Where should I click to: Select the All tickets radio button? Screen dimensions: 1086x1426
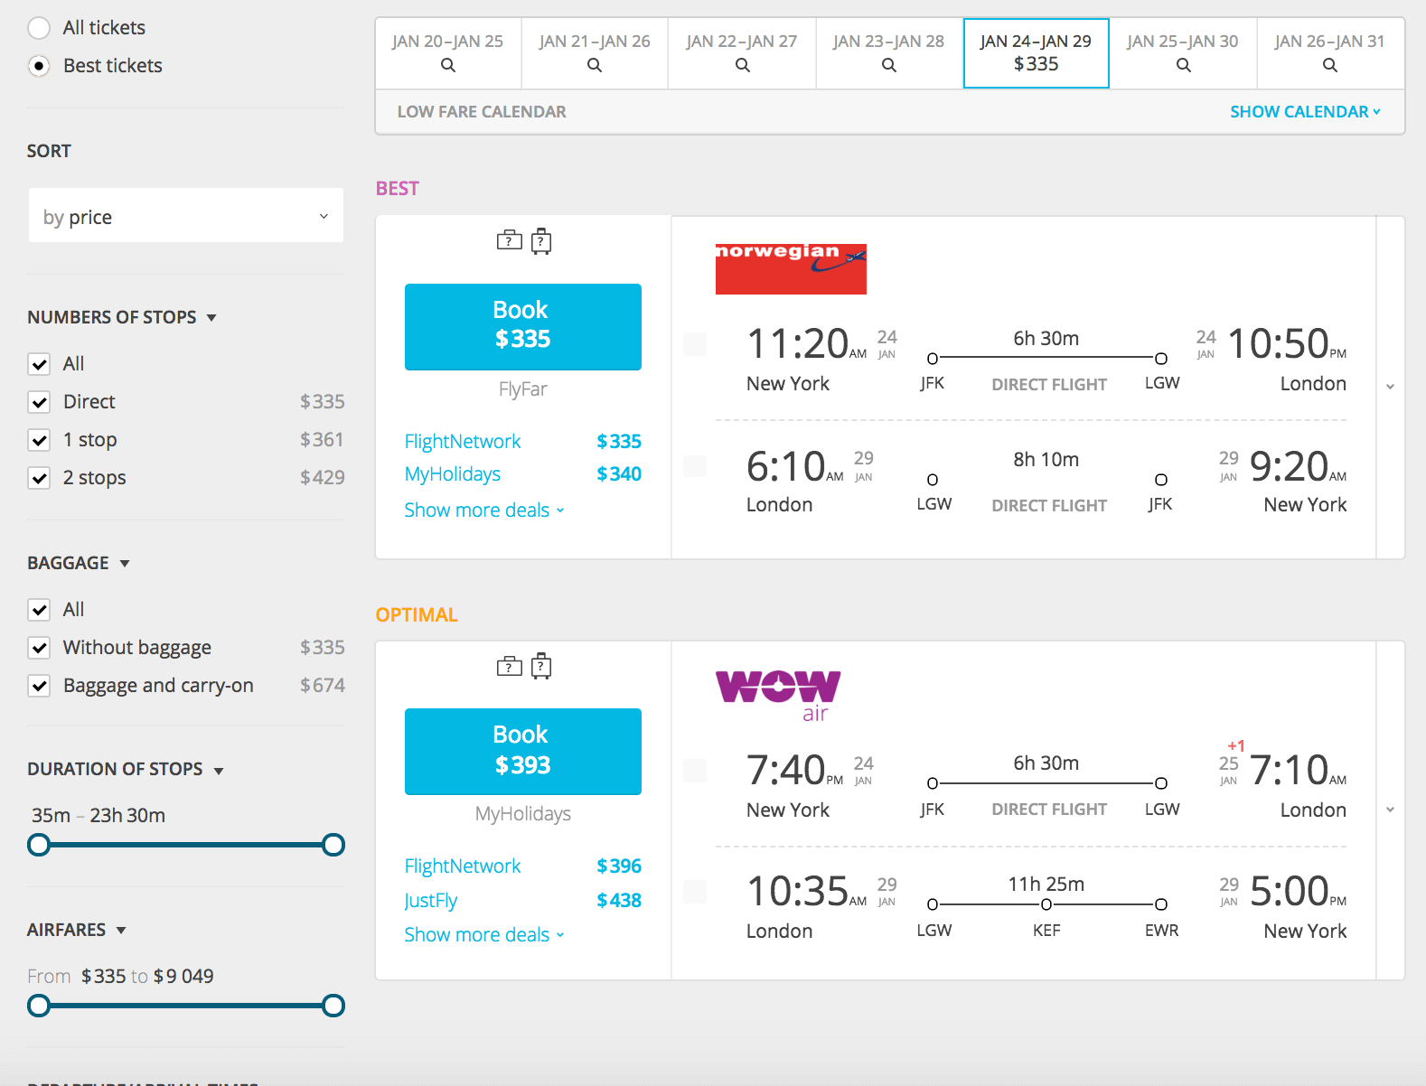[39, 28]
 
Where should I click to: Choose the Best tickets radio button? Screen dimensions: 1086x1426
[39, 66]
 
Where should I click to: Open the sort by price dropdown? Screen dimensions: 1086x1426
[185, 216]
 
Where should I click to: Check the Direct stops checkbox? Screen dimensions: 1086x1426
[39, 402]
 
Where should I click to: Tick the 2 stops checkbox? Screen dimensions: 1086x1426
[39, 478]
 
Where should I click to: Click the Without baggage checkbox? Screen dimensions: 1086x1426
[39, 648]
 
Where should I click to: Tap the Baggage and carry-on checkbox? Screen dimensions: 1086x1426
[39, 686]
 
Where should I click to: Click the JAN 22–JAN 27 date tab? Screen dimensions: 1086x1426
[741, 52]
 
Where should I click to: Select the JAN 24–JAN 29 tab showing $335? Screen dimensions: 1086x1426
[1036, 52]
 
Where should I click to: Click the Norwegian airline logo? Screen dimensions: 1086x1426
[791, 268]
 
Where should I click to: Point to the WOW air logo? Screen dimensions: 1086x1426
[778, 694]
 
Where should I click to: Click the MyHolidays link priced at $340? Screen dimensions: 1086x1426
[453, 474]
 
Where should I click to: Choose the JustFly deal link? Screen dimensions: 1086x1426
[431, 901]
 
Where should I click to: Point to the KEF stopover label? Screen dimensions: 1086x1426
[1046, 931]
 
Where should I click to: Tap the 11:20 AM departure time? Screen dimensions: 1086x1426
[798, 344]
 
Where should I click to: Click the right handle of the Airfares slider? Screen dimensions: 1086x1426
[333, 1006]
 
